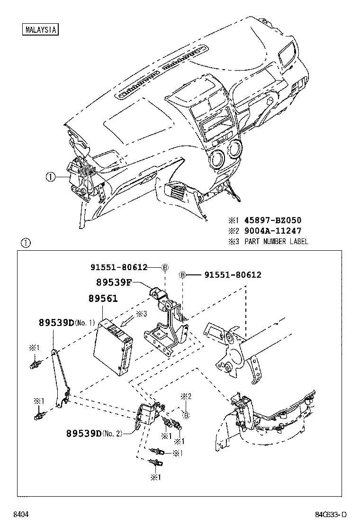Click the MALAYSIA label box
tap(40, 29)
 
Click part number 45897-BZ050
tap(272, 220)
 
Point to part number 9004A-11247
tap(272, 231)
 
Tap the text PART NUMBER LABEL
tap(276, 241)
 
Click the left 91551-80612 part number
tap(119, 267)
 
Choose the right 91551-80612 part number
tap(233, 274)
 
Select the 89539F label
tap(113, 282)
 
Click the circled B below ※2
tap(187, 415)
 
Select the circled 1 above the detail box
tap(26, 243)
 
